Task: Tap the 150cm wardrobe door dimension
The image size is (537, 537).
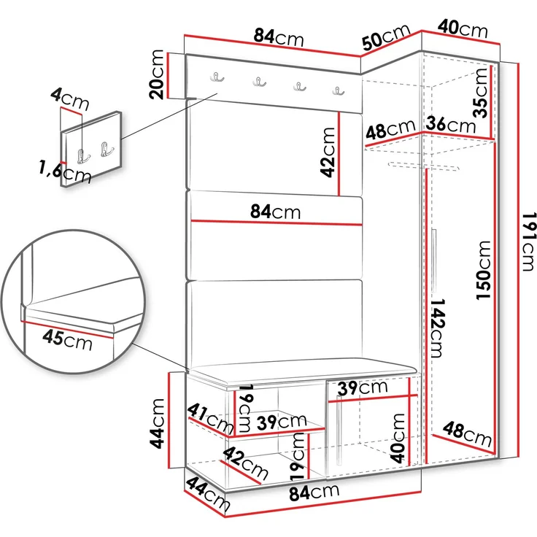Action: coord(484,271)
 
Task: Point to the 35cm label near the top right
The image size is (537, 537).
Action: coord(480,93)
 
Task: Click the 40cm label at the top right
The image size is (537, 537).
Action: coord(463,28)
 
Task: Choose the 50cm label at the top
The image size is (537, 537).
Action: coord(386,37)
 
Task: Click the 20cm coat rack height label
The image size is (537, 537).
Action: coord(157,74)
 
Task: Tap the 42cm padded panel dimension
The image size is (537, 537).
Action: coord(328,152)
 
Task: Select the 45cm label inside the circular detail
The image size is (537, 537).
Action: coord(67,341)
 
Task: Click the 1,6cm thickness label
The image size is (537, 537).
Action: coord(65,172)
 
